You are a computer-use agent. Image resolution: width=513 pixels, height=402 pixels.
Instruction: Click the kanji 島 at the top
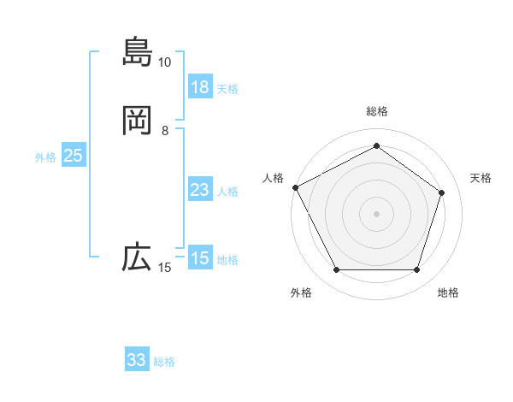point(137,50)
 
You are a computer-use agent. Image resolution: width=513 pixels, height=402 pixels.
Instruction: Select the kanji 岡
point(137,121)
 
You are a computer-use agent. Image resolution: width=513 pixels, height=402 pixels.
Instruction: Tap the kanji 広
point(137,257)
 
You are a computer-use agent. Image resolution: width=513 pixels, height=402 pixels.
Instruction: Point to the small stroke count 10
point(165,62)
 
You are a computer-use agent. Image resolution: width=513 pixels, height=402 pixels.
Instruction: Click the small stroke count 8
point(165,131)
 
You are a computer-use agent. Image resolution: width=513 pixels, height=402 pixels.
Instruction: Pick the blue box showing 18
point(200,87)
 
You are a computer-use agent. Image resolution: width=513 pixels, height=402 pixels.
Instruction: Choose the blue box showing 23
point(200,190)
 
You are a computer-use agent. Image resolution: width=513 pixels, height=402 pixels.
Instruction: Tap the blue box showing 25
point(74,156)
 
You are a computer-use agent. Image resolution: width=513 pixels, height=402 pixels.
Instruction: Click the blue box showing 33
point(137,360)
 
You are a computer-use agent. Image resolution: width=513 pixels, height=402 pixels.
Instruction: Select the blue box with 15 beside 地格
point(200,258)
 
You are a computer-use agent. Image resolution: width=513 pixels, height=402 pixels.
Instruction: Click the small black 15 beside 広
point(165,269)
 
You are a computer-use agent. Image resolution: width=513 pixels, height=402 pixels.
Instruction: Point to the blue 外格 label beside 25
point(45,157)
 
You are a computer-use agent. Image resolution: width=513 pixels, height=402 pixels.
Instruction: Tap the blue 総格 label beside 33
point(164,362)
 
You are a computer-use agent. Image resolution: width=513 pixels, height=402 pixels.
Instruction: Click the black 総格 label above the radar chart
point(377,111)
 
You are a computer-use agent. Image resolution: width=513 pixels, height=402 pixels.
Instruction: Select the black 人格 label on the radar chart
point(273,178)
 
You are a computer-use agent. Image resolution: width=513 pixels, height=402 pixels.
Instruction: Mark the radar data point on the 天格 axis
point(441,192)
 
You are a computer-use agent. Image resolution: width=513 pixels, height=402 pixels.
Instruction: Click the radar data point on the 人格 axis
point(295,187)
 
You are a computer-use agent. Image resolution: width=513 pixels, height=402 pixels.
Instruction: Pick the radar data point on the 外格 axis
point(337,270)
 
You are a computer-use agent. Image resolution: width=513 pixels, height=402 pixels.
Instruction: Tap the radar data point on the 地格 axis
point(416,270)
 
